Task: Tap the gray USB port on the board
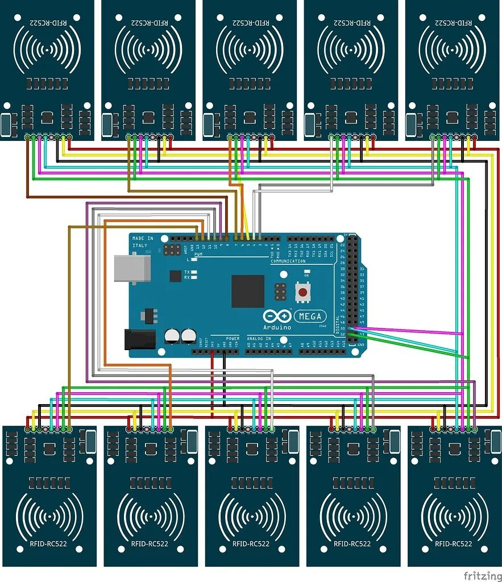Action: coord(132,268)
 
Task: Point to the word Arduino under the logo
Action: coord(277,327)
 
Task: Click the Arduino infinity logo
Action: coord(277,317)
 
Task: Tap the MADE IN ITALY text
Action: coord(142,242)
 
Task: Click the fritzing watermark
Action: coord(482,576)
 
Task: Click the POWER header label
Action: coord(233,338)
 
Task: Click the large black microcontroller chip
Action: coord(247,291)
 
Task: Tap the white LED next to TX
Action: coord(194,273)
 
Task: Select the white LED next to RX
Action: coord(194,278)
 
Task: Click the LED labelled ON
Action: coord(307,271)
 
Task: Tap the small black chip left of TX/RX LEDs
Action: coord(175,276)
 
